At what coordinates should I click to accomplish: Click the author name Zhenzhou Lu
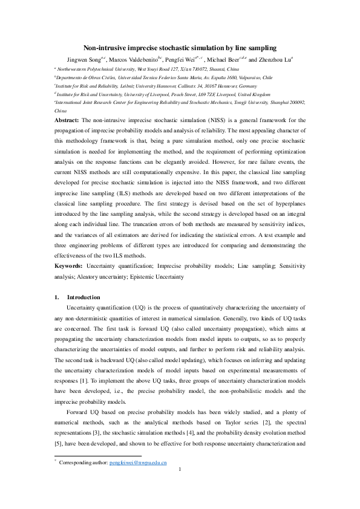coord(275,60)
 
